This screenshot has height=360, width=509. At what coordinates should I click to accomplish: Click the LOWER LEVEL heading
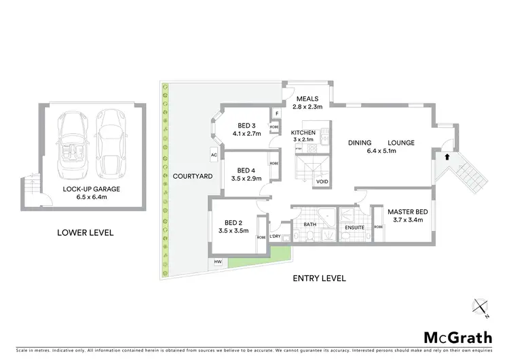tap(85, 233)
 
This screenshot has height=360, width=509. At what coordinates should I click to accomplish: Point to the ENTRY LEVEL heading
tap(319, 278)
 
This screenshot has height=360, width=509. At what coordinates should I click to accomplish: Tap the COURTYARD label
tap(190, 176)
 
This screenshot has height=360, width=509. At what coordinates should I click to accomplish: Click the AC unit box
tap(213, 154)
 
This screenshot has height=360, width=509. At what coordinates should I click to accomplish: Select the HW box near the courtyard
tap(218, 262)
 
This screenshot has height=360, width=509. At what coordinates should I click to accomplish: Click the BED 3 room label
tap(246, 125)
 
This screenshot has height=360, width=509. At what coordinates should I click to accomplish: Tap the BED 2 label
tap(237, 219)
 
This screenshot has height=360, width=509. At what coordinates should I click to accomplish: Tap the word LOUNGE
tap(401, 143)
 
